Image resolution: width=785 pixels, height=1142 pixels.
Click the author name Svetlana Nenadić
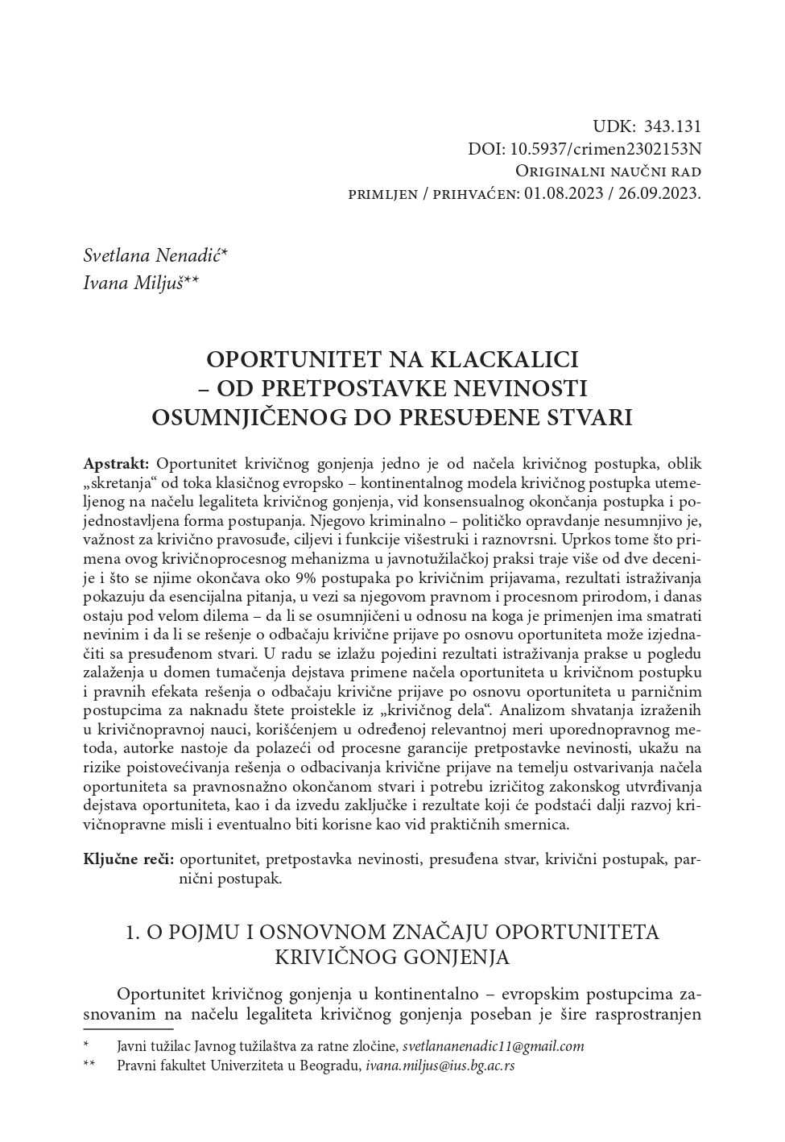[155, 256]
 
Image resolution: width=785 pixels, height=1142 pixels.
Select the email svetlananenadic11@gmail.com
[493, 1046]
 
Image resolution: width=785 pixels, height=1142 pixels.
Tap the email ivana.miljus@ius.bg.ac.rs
[440, 1065]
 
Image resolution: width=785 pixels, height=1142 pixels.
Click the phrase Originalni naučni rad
[608, 172]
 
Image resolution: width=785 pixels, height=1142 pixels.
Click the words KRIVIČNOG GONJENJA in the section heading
[392, 957]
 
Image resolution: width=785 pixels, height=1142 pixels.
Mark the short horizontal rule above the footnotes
[128, 1028]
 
